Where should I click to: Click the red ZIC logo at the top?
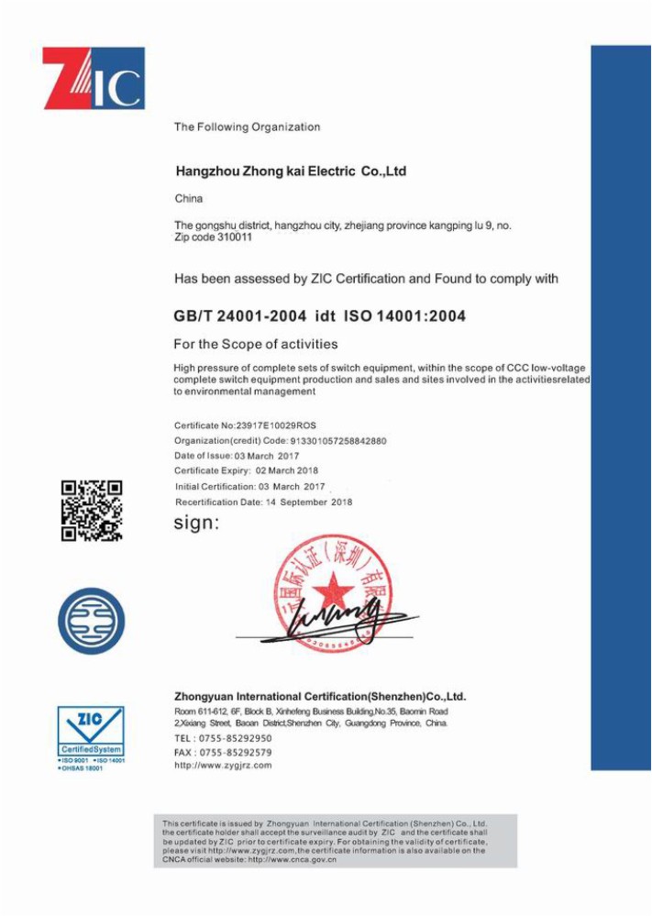click(93, 78)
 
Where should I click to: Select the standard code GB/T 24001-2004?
click(239, 316)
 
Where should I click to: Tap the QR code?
click(92, 511)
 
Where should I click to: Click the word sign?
click(196, 524)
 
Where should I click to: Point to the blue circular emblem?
click(92, 621)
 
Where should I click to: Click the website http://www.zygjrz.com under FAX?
click(223, 766)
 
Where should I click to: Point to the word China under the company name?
click(189, 198)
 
